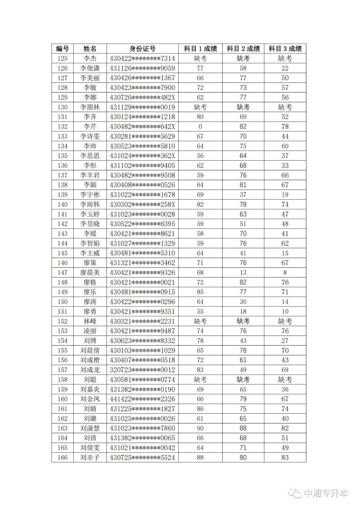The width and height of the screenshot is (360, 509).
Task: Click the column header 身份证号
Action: [x=142, y=49]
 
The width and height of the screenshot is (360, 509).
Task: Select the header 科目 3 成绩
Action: [x=285, y=49]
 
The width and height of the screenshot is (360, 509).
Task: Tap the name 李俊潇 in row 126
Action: [x=90, y=68]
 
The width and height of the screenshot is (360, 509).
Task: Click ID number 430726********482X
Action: [x=142, y=97]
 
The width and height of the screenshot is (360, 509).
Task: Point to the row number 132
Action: [x=62, y=127]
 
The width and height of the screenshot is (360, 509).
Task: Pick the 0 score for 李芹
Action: [x=200, y=127]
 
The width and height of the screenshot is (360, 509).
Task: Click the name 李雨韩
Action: [x=90, y=204]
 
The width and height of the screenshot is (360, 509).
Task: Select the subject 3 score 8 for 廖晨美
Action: [x=285, y=272]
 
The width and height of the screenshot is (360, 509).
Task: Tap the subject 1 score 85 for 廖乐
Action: [x=200, y=292]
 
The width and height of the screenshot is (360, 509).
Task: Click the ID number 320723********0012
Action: [x=142, y=370]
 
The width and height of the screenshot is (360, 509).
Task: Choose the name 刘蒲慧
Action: [x=90, y=428]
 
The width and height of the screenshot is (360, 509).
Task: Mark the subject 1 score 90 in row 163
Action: [x=200, y=428]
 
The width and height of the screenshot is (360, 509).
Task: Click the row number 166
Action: [x=62, y=457]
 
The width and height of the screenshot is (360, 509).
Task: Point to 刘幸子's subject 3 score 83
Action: [x=285, y=457]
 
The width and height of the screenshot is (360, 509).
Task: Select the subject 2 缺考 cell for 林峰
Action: [x=243, y=321]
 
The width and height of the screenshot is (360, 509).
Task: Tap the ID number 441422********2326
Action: [x=142, y=399]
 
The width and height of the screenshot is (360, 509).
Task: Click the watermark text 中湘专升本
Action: [x=326, y=493]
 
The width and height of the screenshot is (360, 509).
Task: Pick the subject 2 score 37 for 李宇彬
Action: [x=243, y=195]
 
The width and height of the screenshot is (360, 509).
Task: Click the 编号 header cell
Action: [x=62, y=49]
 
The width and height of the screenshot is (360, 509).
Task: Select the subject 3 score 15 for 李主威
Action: [x=285, y=253]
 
